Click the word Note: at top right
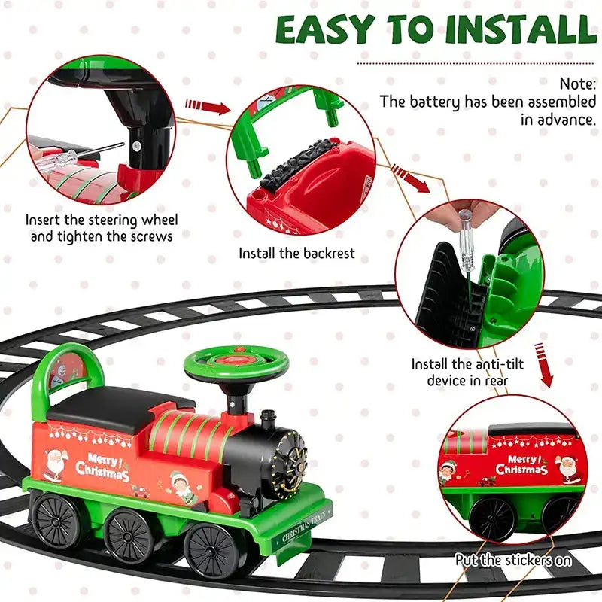tap(579, 84)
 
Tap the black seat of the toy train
tap(113, 407)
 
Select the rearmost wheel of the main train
tap(56, 520)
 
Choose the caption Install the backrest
tap(296, 254)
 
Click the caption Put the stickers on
tap(513, 560)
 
